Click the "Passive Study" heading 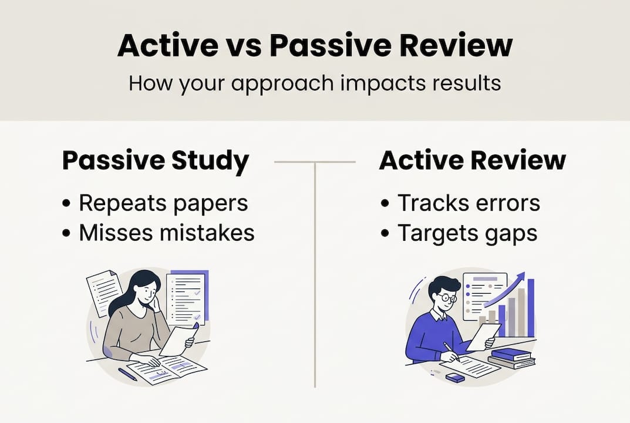[x=156, y=161]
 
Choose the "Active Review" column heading [x=473, y=161]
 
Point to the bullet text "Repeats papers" [x=163, y=203]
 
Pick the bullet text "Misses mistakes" [x=167, y=233]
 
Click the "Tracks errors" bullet [x=468, y=203]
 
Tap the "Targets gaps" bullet [x=467, y=233]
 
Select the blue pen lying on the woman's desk [x=127, y=374]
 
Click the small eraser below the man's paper [x=455, y=378]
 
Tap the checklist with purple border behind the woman [x=187, y=297]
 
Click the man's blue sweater [x=432, y=335]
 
